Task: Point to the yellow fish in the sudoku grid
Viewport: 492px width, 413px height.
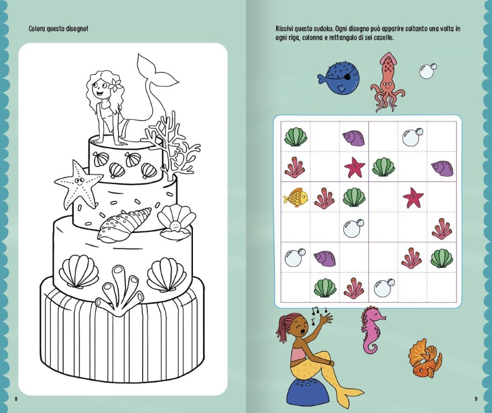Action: [x=296, y=198]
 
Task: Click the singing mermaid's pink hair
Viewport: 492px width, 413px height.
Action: [x=284, y=326]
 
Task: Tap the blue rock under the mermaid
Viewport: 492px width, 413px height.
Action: [x=305, y=391]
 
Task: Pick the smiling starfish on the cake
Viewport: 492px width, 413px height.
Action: [x=78, y=183]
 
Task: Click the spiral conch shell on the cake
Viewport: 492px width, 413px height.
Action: [x=124, y=224]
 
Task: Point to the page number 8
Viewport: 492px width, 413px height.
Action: [x=17, y=399]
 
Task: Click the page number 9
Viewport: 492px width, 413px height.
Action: [x=476, y=399]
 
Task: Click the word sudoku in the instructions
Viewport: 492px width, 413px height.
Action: [x=322, y=29]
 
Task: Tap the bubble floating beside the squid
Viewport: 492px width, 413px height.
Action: [x=428, y=71]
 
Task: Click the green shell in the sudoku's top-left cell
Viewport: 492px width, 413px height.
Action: [x=296, y=137]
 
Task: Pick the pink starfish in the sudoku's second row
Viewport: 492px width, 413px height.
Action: [x=355, y=167]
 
